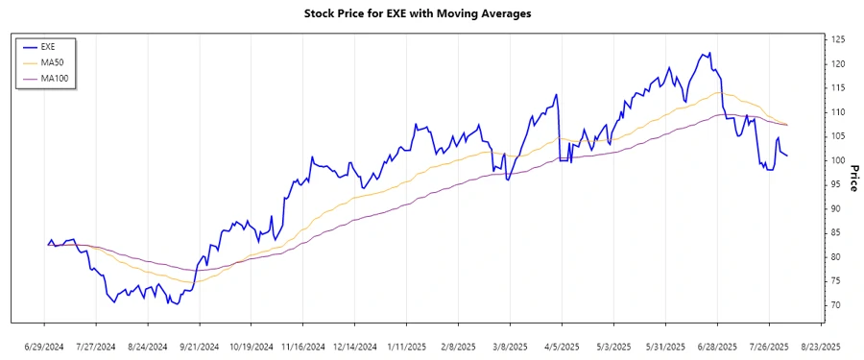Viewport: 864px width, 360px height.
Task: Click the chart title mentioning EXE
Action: pos(431,14)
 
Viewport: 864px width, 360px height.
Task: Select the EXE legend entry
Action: pos(48,45)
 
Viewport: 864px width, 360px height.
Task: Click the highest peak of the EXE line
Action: pos(708,53)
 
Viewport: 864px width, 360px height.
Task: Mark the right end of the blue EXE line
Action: pos(788,156)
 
